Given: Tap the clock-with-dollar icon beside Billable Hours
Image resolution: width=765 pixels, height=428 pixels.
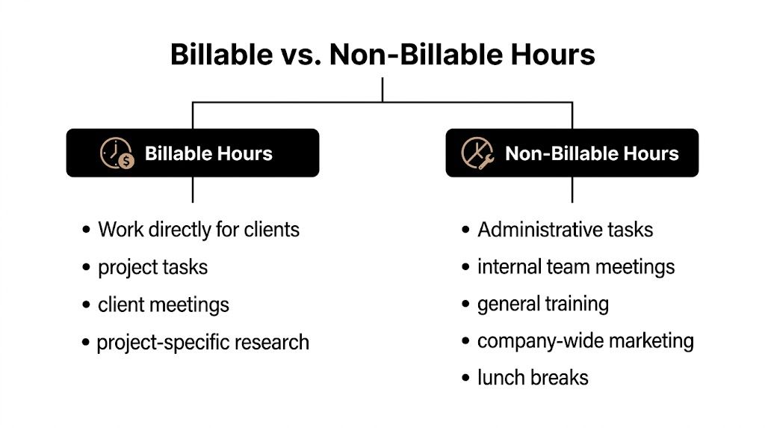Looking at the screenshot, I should tap(117, 153).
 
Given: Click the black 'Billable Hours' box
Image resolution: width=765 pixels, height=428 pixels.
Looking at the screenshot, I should tap(193, 153).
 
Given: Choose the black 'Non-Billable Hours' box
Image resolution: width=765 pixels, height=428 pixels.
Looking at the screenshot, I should tap(572, 153).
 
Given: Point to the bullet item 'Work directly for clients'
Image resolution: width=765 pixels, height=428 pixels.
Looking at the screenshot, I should tap(199, 229).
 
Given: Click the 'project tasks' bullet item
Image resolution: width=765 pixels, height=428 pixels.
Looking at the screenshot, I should tap(152, 267).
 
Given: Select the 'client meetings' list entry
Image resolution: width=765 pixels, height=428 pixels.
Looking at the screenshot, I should tap(164, 305).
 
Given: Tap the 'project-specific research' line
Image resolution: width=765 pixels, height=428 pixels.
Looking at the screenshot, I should tap(203, 343).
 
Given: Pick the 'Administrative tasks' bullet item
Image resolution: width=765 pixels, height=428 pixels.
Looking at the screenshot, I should tap(566, 229).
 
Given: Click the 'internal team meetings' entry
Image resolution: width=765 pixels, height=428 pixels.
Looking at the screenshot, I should tap(576, 266).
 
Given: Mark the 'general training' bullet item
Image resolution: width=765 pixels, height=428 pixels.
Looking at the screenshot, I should tap(543, 304).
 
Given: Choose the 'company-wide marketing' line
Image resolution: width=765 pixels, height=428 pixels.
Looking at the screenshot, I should tap(586, 341).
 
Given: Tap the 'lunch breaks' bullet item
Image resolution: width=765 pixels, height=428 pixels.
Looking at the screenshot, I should tap(533, 378).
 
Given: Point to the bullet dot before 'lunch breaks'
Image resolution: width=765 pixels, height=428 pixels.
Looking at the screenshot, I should tap(466, 379).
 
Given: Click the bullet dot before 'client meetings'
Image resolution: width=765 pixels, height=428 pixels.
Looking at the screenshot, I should tap(87, 305).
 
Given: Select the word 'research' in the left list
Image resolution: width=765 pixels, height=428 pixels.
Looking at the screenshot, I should tap(272, 343).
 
